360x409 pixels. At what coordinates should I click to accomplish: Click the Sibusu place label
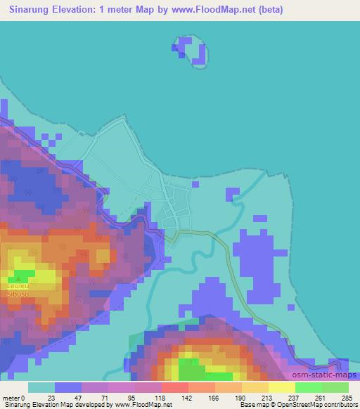(x=17, y=294)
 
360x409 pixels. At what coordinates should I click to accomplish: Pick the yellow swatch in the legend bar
(x=281, y=387)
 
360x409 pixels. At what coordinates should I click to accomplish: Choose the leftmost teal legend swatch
(x=41, y=387)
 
